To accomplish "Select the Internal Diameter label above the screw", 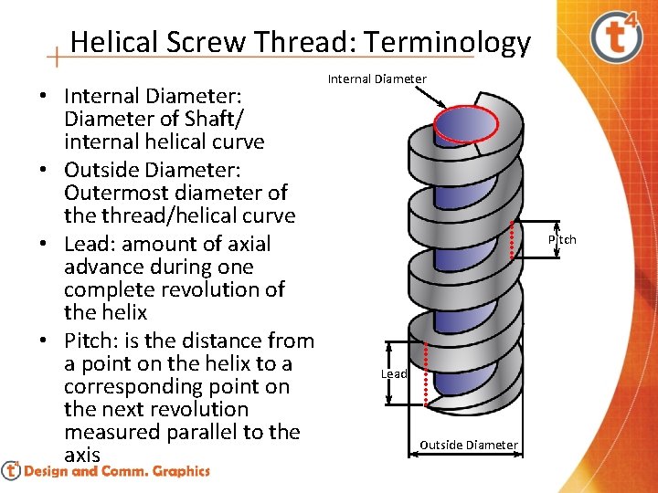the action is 377,79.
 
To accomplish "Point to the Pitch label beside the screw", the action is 562,239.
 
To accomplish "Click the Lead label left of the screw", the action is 394,373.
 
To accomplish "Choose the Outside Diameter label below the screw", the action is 468,445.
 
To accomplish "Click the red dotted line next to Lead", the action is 427,374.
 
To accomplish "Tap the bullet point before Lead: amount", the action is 44,245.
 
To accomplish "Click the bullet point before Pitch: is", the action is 44,341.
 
